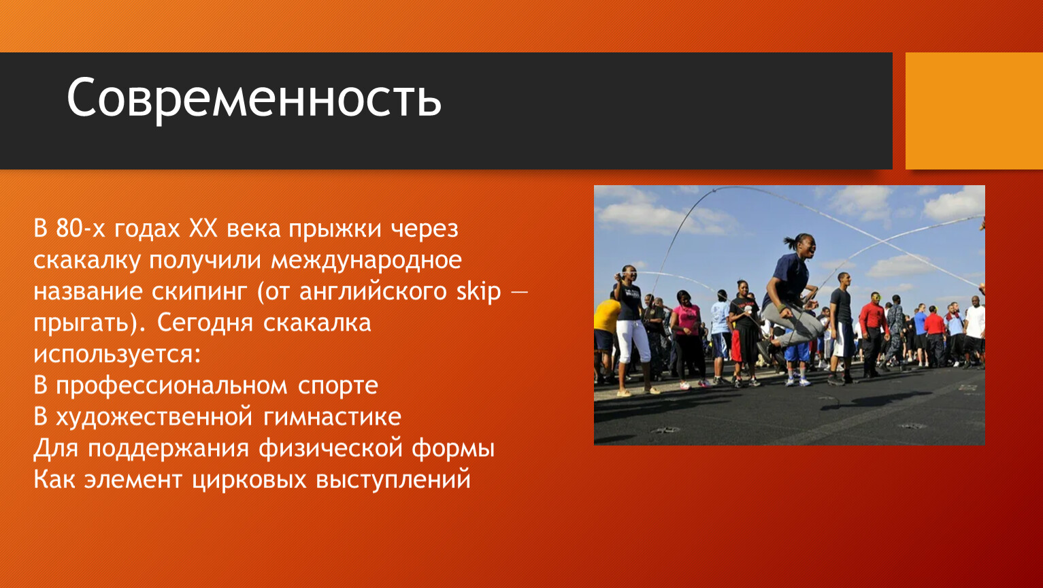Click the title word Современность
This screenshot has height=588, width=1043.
(x=254, y=99)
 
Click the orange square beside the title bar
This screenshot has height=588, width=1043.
(x=974, y=111)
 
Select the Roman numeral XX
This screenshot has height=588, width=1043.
(x=203, y=229)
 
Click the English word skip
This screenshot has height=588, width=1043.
(x=479, y=293)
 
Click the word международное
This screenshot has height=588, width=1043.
(x=366, y=261)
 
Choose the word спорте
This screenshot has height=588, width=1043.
(x=338, y=387)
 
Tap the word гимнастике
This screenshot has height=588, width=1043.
(x=332, y=417)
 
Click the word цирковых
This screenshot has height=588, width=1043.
(x=249, y=480)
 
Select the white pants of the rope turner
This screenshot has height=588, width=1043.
(x=633, y=342)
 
